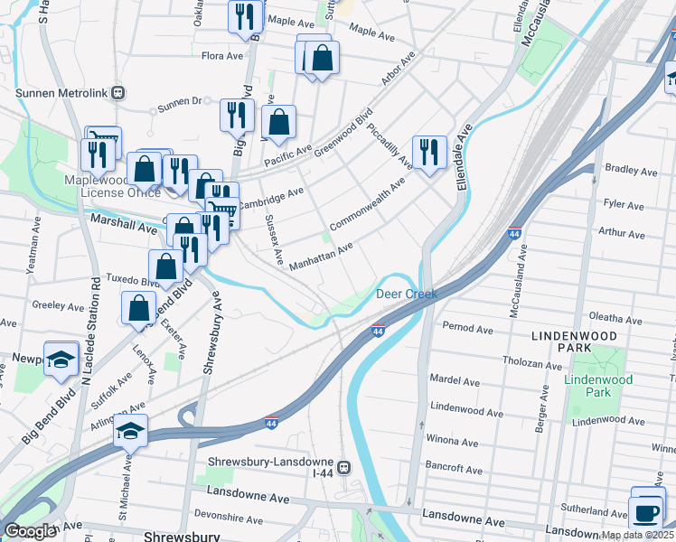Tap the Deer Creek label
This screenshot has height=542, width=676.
click(x=406, y=294)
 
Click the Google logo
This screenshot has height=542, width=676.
click(x=30, y=531)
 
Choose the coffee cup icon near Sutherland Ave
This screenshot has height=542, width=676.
click(x=647, y=512)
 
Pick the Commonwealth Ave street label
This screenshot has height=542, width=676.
click(x=368, y=207)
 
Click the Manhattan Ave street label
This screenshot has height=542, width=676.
click(x=321, y=257)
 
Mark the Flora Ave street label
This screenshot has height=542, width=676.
click(x=222, y=56)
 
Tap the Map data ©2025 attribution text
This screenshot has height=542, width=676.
click(x=637, y=535)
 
